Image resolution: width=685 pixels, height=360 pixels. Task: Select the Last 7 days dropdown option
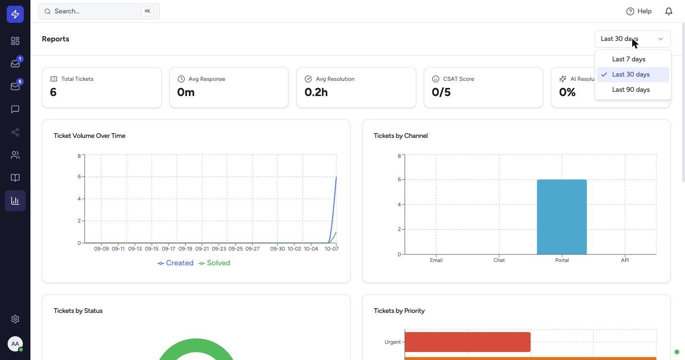(628, 59)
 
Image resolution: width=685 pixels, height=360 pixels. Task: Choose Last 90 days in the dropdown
(631, 89)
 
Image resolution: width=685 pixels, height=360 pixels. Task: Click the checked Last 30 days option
(631, 75)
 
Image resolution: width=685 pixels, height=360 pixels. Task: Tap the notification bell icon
(669, 11)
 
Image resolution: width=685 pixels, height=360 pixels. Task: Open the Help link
(639, 11)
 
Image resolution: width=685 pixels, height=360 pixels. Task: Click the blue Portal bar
(562, 217)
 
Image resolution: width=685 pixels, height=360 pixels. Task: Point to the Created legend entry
(175, 263)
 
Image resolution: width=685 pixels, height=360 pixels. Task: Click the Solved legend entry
(214, 263)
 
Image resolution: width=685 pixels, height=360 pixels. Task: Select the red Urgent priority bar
(468, 342)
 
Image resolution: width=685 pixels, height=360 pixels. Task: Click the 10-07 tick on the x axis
(332, 249)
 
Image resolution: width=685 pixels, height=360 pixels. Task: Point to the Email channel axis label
(436, 260)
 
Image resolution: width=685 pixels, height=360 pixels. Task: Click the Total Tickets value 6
(53, 92)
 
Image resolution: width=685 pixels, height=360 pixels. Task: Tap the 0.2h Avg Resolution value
(316, 92)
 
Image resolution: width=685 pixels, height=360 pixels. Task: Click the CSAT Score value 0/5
(441, 92)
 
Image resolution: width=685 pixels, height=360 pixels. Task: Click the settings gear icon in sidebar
(15, 319)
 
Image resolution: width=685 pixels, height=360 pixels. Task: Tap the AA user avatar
(15, 344)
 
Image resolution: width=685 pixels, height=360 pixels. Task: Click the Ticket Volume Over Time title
(89, 136)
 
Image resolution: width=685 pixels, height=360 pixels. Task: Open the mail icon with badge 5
(15, 86)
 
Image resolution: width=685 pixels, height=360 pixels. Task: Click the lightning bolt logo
(15, 14)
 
